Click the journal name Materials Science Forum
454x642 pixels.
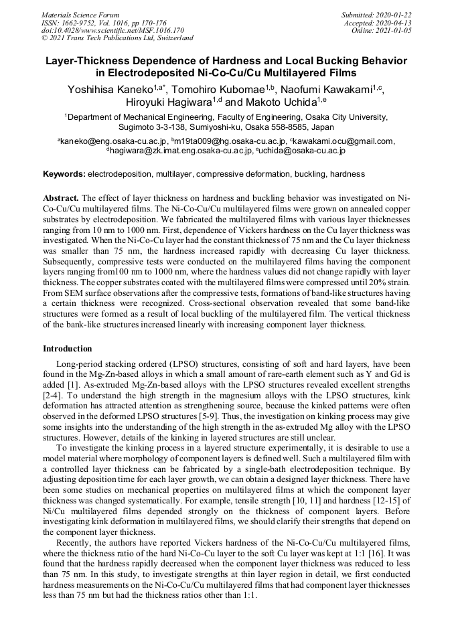[80, 15]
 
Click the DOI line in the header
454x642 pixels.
[112, 30]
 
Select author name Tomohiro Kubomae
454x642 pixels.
[222, 89]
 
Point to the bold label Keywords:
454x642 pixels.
[64, 174]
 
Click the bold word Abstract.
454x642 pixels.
[61, 199]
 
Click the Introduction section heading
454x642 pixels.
[67, 349]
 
